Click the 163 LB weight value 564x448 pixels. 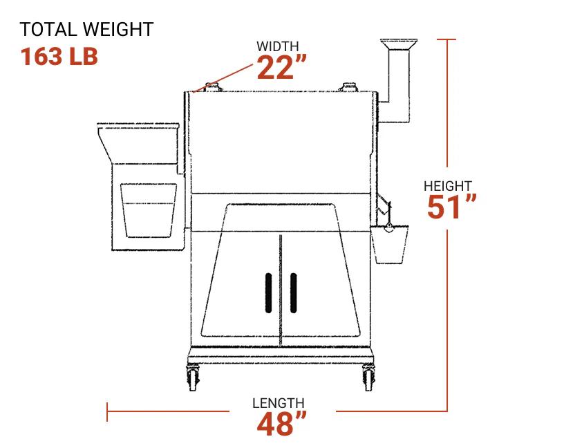[59, 56]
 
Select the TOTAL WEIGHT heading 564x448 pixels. [86, 30]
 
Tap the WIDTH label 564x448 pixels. [278, 46]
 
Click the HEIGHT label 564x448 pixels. [448, 186]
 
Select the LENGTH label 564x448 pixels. [278, 403]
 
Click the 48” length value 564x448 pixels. [282, 424]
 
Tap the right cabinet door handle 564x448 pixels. [293, 293]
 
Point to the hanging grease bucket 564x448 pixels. [389, 246]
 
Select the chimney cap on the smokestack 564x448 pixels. [399, 44]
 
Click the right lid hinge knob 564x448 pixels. [348, 87]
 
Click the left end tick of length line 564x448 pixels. [107, 412]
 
